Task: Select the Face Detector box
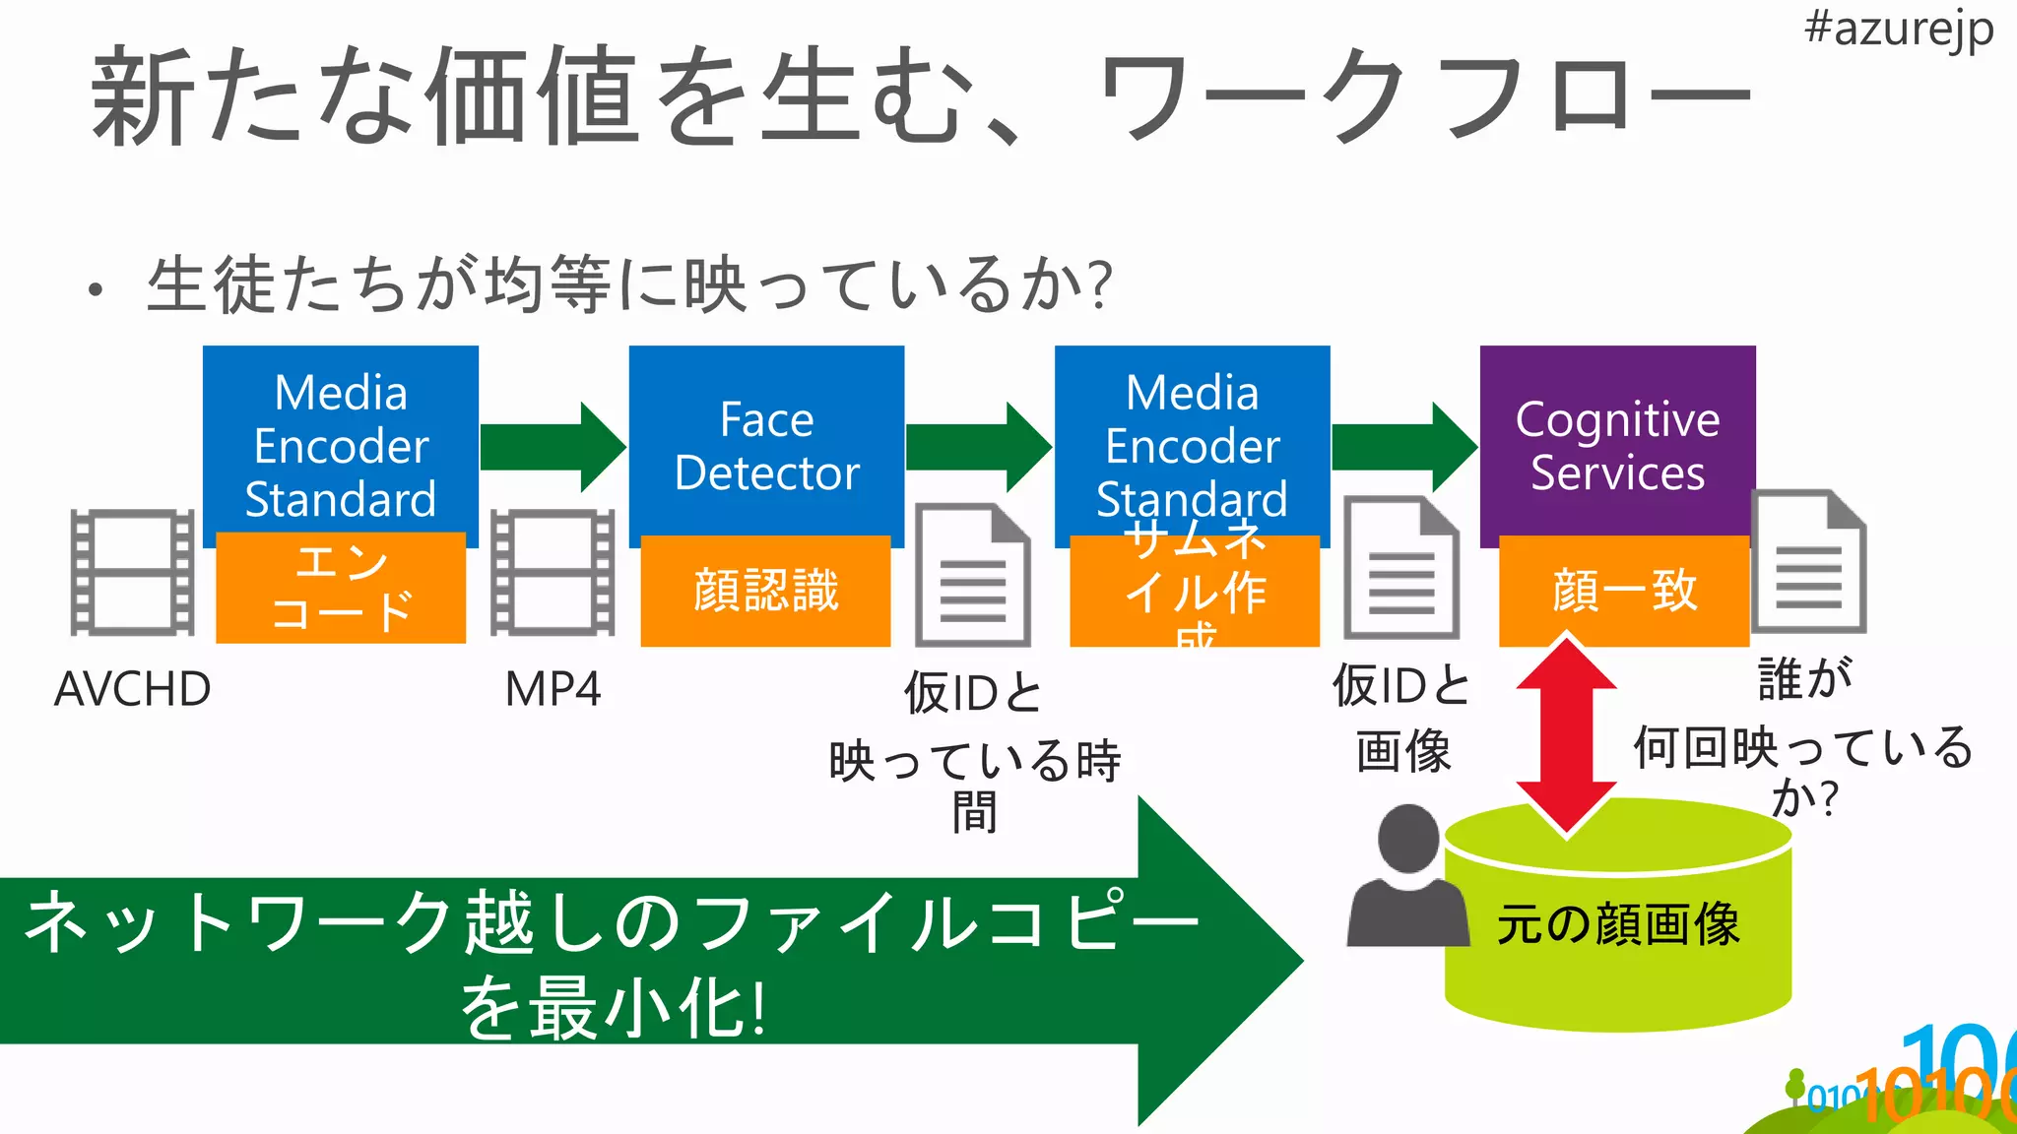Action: pyautogui.click(x=766, y=443)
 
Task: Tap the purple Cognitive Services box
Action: pyautogui.click(x=1617, y=443)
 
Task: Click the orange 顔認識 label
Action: pyautogui.click(x=765, y=591)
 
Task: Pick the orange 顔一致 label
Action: pyautogui.click(x=1623, y=591)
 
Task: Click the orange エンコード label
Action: pyautogui.click(x=341, y=588)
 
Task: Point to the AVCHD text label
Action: pyautogui.click(x=132, y=689)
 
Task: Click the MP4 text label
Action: pyautogui.click(x=553, y=689)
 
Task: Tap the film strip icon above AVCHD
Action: pyautogui.click(x=132, y=572)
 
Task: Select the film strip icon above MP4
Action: pyautogui.click(x=553, y=572)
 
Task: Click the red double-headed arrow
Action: pyautogui.click(x=1566, y=736)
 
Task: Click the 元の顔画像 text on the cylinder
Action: pyautogui.click(x=1618, y=924)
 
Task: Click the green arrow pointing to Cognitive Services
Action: pyautogui.click(x=1403, y=447)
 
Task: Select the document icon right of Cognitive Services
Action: pyautogui.click(x=1809, y=561)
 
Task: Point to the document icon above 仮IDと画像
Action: pyautogui.click(x=1401, y=569)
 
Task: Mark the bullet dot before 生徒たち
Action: pyautogui.click(x=95, y=289)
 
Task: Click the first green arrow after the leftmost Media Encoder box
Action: pyautogui.click(x=553, y=447)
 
